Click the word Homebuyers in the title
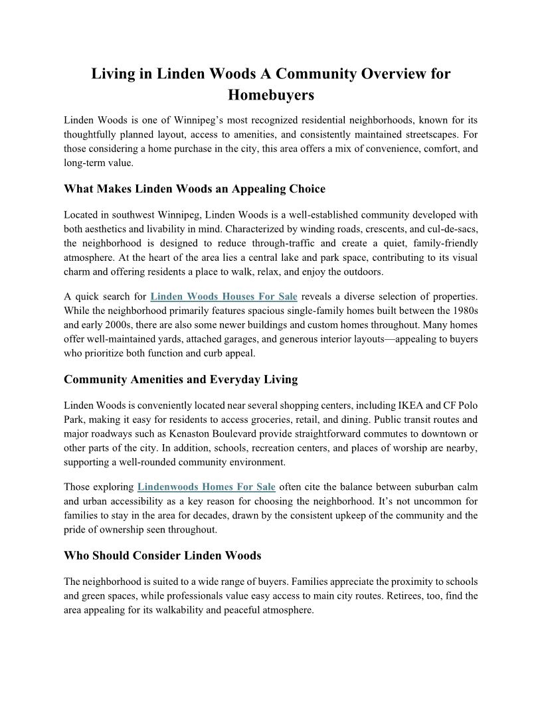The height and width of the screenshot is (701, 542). [x=270, y=95]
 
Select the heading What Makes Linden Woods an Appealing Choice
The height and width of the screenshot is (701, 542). [x=195, y=189]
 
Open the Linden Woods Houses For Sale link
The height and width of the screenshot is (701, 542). [x=224, y=296]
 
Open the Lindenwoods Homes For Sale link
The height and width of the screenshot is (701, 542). [x=207, y=487]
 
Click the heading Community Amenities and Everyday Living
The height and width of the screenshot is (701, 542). [x=181, y=380]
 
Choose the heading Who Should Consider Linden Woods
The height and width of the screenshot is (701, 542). [x=163, y=555]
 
